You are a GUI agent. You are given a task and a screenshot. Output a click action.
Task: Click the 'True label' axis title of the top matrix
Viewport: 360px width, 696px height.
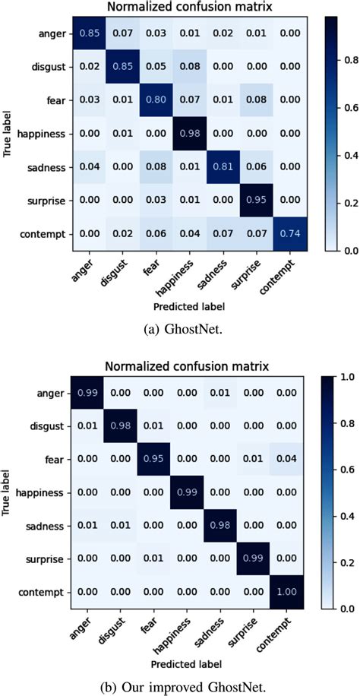click(x=10, y=134)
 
